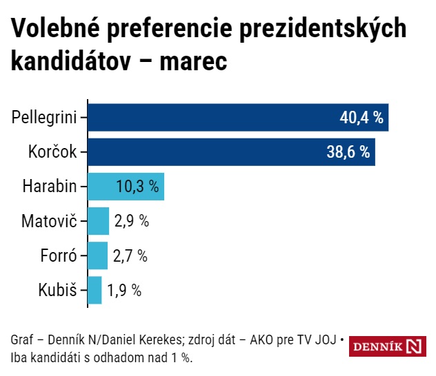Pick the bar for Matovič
click(99, 221)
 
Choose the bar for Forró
click(98, 255)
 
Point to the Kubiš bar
click(95, 290)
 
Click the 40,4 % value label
click(361, 117)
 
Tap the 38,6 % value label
click(348, 152)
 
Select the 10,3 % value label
click(137, 186)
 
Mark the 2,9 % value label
click(132, 221)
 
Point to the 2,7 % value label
click(130, 255)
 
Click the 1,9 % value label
click(124, 290)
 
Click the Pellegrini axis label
click(44, 117)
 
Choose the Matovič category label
click(50, 221)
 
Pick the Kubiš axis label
click(58, 290)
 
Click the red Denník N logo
click(388, 346)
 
